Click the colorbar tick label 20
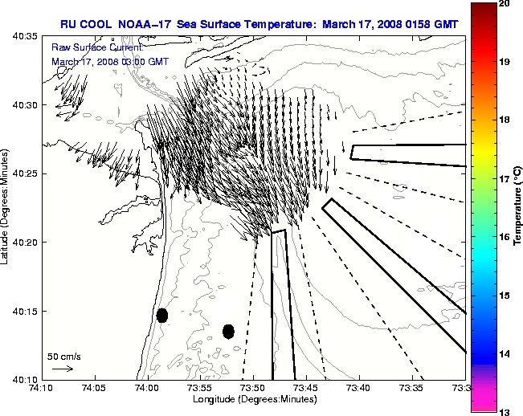point(505,4)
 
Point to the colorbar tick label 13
point(505,412)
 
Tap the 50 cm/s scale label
point(64,356)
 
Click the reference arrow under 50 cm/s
point(63,369)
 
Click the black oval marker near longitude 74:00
point(162,315)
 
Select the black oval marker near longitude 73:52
point(228,331)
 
